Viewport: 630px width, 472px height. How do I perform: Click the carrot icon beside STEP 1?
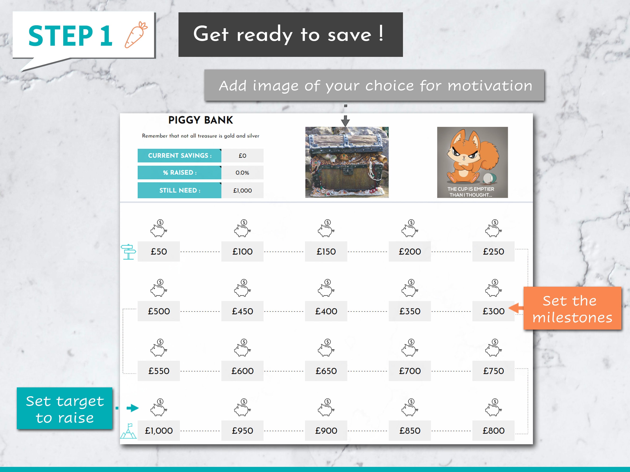136,34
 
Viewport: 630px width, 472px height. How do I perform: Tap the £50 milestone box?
159,251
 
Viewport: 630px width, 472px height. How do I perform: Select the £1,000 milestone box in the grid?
159,431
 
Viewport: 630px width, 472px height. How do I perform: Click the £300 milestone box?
493,311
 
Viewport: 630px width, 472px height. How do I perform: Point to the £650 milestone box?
326,371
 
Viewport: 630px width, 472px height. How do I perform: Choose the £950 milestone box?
242,431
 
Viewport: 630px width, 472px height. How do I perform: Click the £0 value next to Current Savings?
242,156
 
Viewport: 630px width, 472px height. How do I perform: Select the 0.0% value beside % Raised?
242,173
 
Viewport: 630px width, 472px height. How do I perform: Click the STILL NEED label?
180,190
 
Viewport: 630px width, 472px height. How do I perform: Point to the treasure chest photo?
347,162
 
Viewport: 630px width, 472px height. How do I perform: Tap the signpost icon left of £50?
128,252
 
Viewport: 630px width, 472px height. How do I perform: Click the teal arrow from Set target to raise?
133,408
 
